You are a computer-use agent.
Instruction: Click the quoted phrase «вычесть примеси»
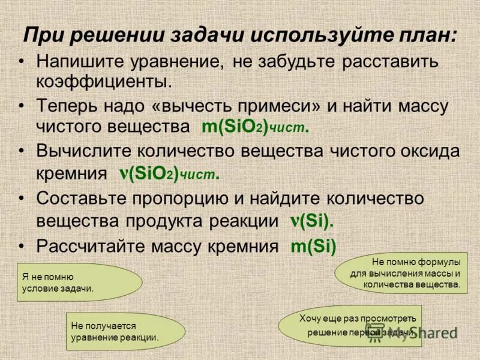217,107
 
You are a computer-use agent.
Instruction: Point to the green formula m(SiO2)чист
255,127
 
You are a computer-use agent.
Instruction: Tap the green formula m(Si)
313,246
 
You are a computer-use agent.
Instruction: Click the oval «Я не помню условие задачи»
79,282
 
